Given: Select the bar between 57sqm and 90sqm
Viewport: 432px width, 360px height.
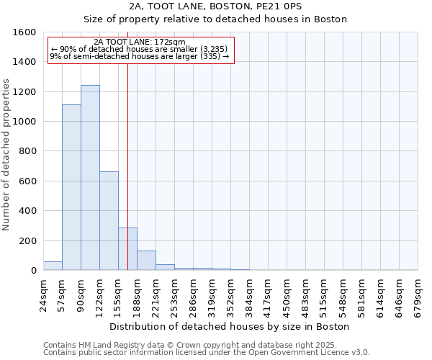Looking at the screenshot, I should [71, 187].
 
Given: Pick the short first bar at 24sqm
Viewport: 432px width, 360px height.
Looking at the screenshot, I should [53, 266].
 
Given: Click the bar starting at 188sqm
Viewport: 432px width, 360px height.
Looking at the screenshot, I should [146, 261].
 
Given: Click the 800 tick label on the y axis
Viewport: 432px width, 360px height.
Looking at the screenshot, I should [28, 152].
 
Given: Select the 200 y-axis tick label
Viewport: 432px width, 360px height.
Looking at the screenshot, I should [28, 241].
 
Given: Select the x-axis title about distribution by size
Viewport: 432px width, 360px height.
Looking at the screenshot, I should [230, 326].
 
